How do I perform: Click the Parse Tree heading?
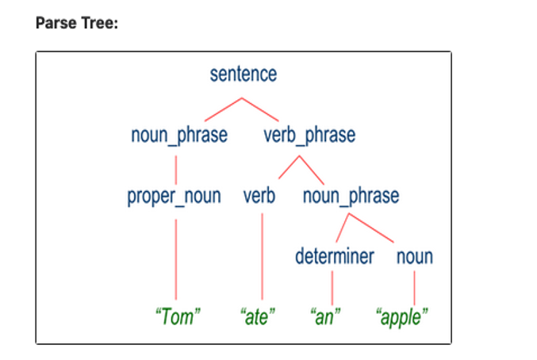(x=77, y=23)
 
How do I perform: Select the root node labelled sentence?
(x=244, y=74)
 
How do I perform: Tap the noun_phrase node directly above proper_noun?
(x=179, y=135)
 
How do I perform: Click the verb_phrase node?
(x=309, y=135)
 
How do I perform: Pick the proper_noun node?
(x=174, y=197)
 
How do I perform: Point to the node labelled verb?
(x=259, y=196)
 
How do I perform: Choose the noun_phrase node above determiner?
(x=351, y=197)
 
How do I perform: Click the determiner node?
(x=335, y=256)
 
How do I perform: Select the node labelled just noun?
(x=415, y=258)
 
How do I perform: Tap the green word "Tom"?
(x=178, y=316)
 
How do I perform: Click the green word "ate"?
(x=258, y=316)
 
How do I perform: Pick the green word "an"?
(x=325, y=316)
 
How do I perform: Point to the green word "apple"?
(x=401, y=317)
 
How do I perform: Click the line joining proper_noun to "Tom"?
(x=176, y=259)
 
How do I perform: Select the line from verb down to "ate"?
(x=263, y=257)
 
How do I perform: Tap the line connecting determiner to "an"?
(x=332, y=288)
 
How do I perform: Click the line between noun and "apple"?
(x=414, y=288)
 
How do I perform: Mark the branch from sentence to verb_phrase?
(x=260, y=109)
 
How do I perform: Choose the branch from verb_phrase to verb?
(x=289, y=167)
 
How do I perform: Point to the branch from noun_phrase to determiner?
(x=343, y=228)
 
